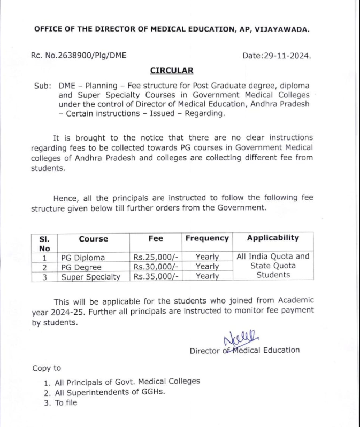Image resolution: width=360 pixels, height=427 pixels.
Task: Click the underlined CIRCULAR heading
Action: tap(171, 71)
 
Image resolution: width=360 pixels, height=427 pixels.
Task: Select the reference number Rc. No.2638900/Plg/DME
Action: tap(79, 55)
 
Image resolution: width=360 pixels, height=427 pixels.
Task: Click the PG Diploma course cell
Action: tap(83, 258)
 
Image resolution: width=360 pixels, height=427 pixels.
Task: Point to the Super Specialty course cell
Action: tap(90, 276)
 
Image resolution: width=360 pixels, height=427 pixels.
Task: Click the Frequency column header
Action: tap(207, 238)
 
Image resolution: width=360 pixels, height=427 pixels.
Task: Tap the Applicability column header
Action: tap(273, 238)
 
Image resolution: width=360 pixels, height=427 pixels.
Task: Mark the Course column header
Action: tap(93, 239)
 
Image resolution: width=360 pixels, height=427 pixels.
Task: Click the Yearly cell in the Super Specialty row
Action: tap(207, 276)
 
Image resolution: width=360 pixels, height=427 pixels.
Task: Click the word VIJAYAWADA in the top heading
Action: tap(282, 29)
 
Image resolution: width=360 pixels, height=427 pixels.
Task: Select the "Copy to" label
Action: tap(47, 368)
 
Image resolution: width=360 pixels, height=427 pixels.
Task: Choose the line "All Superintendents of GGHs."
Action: tap(110, 392)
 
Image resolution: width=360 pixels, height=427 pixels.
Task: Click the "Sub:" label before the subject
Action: tap(41, 86)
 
